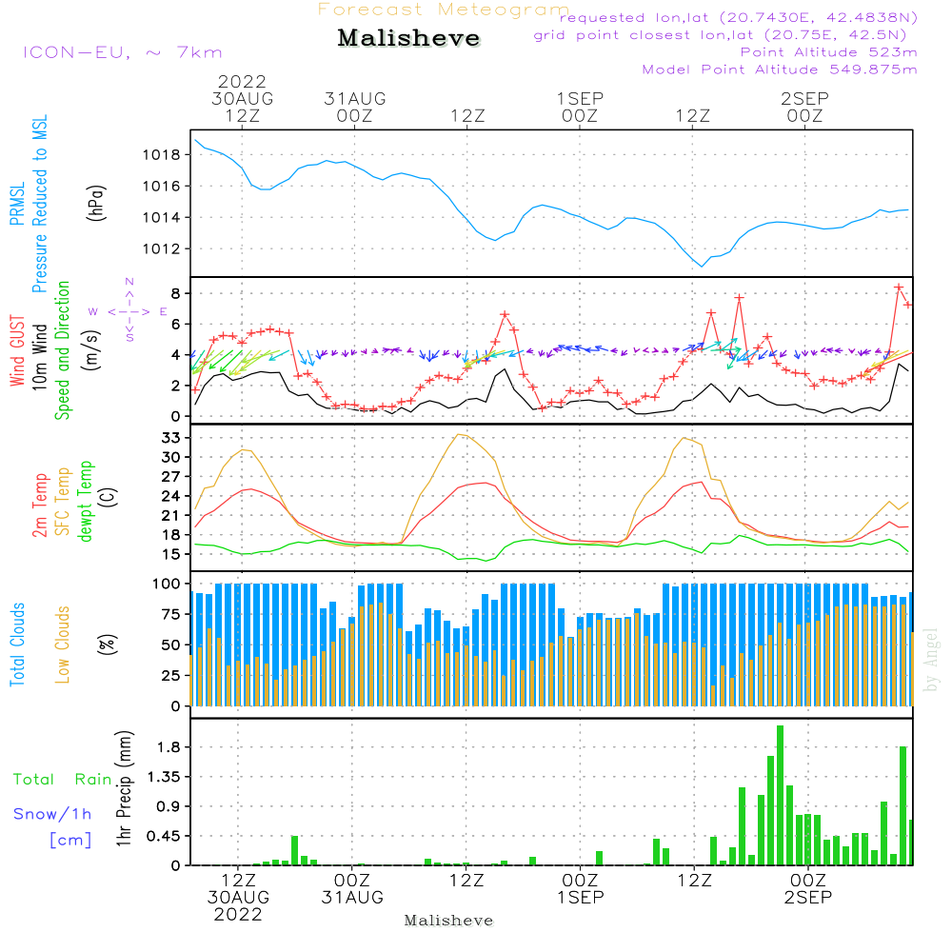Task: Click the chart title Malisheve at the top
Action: [408, 39]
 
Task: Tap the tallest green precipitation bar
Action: [780, 795]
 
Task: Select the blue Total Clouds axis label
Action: [18, 644]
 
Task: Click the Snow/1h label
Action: [53, 814]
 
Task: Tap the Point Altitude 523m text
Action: [828, 52]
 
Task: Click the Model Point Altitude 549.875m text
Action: [780, 69]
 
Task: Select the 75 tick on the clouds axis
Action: [170, 615]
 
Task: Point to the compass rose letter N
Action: [129, 282]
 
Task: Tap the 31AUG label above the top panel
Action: [354, 99]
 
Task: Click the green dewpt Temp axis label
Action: [87, 501]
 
